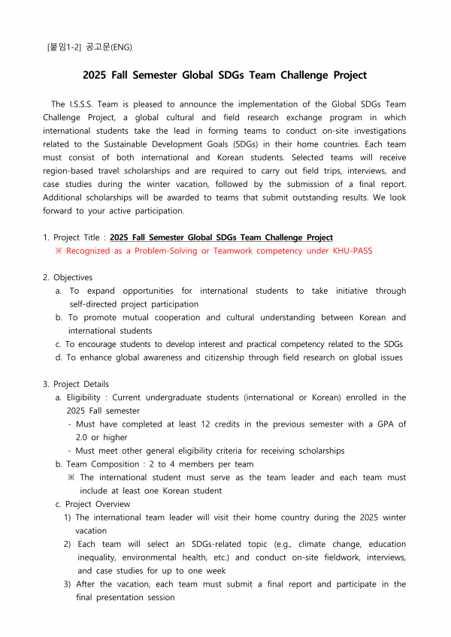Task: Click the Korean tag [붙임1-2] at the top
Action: [65, 47]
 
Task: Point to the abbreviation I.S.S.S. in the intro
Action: [90, 104]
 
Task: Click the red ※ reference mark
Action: [59, 251]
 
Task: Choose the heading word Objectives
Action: [73, 277]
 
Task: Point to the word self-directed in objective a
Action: [98, 304]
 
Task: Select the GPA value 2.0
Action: [84, 437]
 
